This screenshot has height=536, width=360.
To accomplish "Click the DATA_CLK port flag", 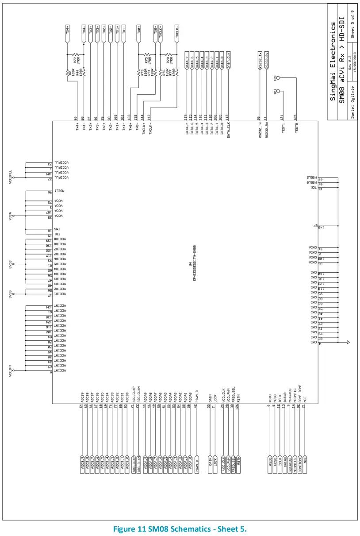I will [228, 58].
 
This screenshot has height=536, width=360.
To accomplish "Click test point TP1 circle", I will [279, 92].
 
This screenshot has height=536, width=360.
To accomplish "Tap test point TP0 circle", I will [279, 77].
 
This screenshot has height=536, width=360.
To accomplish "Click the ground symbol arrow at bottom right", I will [349, 342].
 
